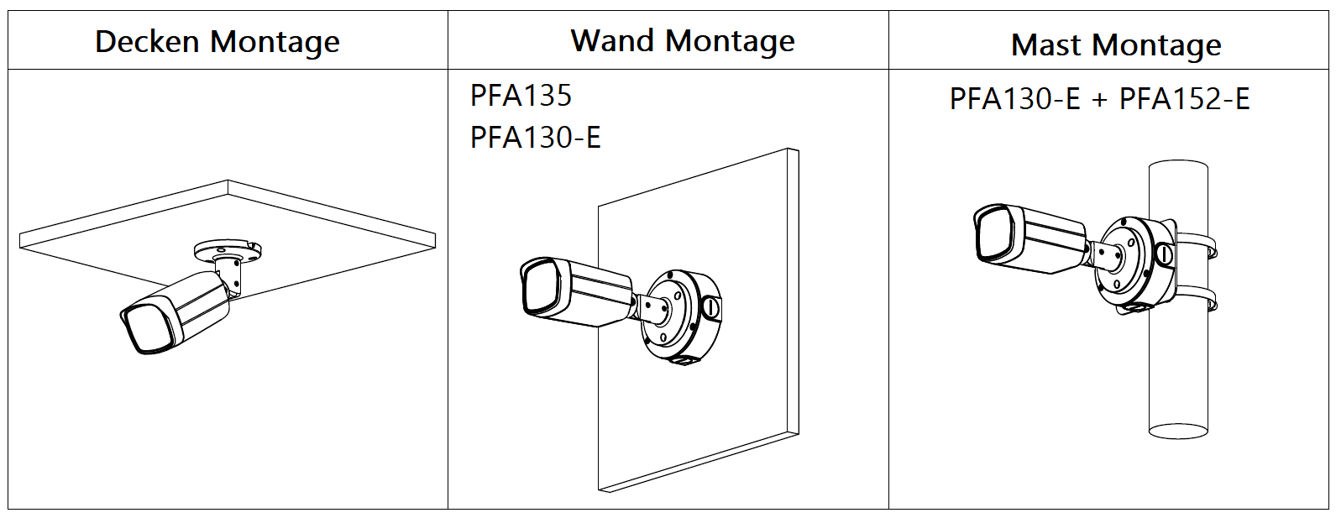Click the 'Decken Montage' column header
[x=217, y=41]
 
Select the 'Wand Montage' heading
[x=682, y=40]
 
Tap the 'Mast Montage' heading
[x=1116, y=44]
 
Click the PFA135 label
[x=521, y=96]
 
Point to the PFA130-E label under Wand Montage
[x=535, y=137]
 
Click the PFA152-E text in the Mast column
[x=1184, y=99]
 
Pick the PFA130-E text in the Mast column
[x=1014, y=99]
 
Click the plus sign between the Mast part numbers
[x=1099, y=101]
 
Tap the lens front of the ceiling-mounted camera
[x=148, y=331]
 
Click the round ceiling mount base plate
[x=228, y=249]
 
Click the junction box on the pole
[x=1134, y=260]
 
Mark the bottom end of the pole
[x=1178, y=431]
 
